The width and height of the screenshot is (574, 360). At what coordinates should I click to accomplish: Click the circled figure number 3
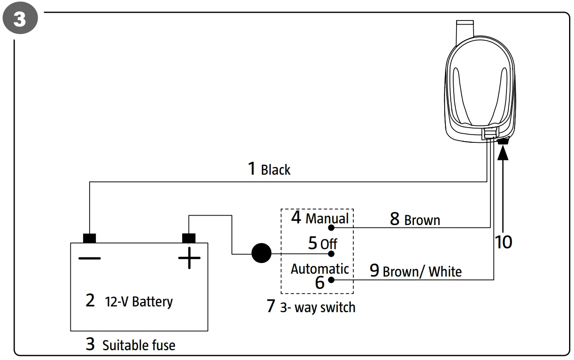(x=20, y=19)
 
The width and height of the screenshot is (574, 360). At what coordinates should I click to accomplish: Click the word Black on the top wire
(x=275, y=170)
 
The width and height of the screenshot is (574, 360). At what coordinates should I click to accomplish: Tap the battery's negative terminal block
(x=89, y=238)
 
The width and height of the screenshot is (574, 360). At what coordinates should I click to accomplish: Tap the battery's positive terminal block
(x=189, y=238)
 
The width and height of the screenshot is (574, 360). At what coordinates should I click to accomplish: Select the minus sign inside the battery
(x=89, y=258)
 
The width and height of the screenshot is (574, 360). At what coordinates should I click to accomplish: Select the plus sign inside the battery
(x=189, y=258)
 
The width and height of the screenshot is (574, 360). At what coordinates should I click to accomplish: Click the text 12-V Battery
(x=139, y=302)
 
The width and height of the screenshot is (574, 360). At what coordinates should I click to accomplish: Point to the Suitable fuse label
(x=138, y=345)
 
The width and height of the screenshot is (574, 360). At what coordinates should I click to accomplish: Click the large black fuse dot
(x=261, y=253)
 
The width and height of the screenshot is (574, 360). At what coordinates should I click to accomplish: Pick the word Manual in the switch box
(x=327, y=218)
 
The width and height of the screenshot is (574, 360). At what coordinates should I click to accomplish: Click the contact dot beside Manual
(x=331, y=227)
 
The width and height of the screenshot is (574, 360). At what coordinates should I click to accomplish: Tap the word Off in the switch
(x=328, y=244)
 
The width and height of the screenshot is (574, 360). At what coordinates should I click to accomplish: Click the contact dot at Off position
(x=332, y=254)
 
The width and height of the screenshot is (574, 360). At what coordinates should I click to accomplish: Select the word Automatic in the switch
(x=319, y=269)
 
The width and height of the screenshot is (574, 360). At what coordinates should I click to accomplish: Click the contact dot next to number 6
(x=331, y=280)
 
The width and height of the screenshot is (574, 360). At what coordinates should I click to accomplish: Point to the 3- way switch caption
(x=317, y=307)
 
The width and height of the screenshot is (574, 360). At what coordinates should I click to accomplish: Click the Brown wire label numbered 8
(x=422, y=220)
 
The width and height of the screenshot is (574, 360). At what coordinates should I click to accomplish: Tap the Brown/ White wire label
(x=422, y=272)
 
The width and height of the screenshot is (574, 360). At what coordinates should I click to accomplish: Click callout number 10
(x=503, y=242)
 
